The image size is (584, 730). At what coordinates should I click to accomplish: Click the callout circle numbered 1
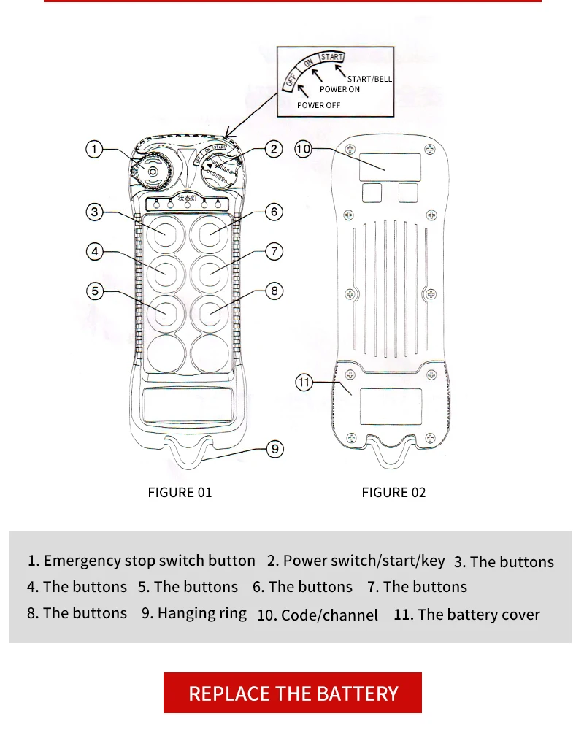click(x=94, y=150)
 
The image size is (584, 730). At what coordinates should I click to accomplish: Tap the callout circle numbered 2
click(x=273, y=150)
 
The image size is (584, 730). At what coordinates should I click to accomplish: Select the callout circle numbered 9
click(x=274, y=448)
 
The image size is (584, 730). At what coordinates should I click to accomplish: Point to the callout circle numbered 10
click(x=303, y=150)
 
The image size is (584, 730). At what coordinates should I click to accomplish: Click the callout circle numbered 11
click(x=304, y=382)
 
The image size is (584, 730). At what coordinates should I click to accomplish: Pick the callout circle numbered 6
click(x=274, y=212)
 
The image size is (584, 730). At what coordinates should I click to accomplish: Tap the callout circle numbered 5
click(x=95, y=291)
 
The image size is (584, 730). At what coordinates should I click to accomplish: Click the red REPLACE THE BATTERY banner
click(x=293, y=693)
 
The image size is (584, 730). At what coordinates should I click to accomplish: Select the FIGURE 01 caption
click(x=180, y=492)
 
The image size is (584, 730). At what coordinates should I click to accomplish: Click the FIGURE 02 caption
click(x=393, y=492)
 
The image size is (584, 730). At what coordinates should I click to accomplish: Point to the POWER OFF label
click(x=318, y=105)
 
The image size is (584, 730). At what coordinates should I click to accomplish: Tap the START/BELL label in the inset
click(x=369, y=78)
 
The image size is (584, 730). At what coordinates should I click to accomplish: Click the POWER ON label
click(x=339, y=89)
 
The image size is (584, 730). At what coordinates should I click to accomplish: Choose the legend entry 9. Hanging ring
click(x=194, y=613)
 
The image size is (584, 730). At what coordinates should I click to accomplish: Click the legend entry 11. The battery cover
click(x=466, y=615)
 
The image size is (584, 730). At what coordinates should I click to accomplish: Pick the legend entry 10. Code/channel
click(x=318, y=615)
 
